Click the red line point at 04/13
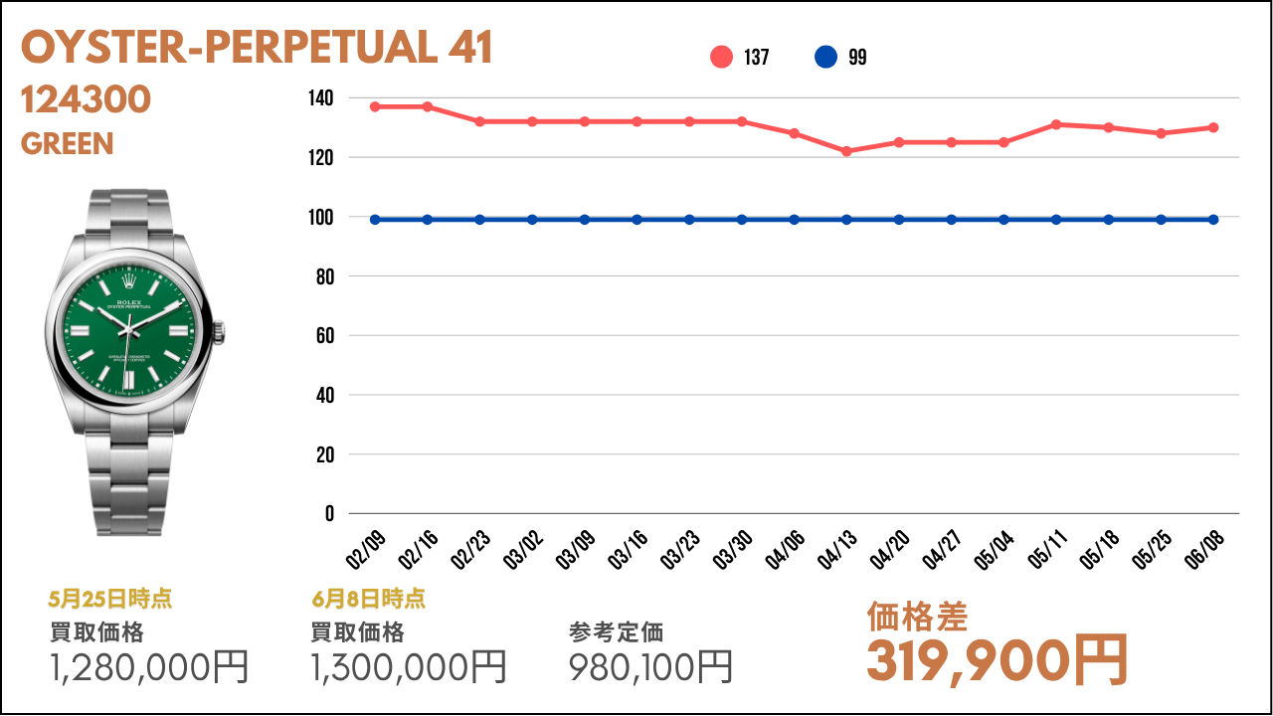point(846,151)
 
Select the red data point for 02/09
point(375,106)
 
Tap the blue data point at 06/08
point(1213,220)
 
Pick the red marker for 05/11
point(1056,124)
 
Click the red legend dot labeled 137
point(721,58)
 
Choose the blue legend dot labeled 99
point(825,58)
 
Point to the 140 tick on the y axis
point(320,98)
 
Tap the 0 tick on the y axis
point(329,514)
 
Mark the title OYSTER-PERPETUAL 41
point(257,48)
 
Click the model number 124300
point(86,99)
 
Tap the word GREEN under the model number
point(68,144)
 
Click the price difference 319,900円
point(998,659)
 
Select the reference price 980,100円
point(651,666)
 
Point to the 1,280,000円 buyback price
point(149,666)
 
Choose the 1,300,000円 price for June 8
point(409,666)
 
